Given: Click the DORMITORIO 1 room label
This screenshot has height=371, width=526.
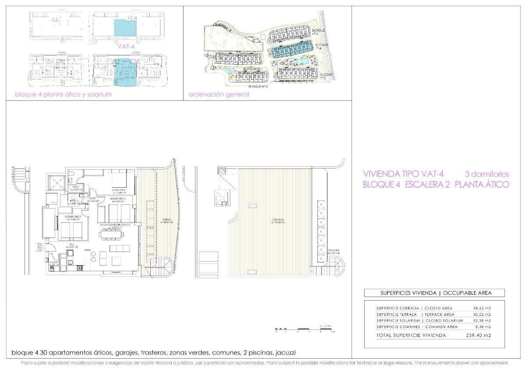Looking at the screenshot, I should pos(119,189).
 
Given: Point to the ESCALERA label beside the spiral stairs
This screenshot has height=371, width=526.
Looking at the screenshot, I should pos(334,251).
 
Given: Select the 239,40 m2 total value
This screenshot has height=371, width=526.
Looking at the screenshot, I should pos(479,336).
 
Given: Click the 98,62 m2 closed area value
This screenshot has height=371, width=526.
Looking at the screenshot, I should pos(482,308).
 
